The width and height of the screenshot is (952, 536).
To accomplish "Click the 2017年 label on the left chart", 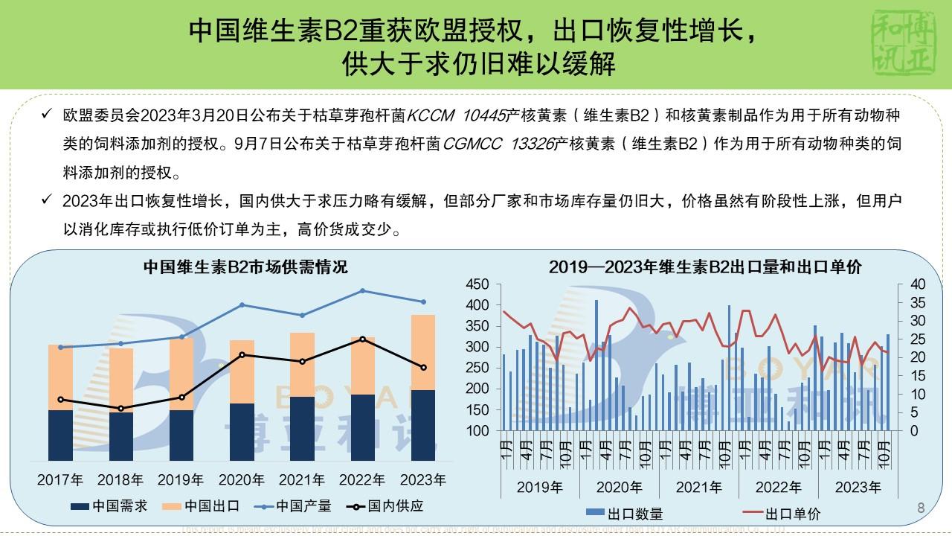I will [x=60, y=479].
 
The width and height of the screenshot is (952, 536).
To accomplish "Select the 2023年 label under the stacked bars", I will [x=423, y=479].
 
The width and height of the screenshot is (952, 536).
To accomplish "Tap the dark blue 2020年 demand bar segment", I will [x=242, y=432].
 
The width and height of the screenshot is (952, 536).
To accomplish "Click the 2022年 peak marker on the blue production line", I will [x=363, y=290].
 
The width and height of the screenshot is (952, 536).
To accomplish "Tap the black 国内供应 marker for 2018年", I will [x=121, y=409].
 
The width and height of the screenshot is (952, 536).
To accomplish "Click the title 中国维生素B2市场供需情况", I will [x=245, y=266].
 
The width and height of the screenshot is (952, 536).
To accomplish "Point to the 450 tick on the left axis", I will [x=477, y=284].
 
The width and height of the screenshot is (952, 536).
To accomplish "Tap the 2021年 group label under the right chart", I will [x=699, y=488].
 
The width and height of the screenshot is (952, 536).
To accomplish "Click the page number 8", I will [x=921, y=508].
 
